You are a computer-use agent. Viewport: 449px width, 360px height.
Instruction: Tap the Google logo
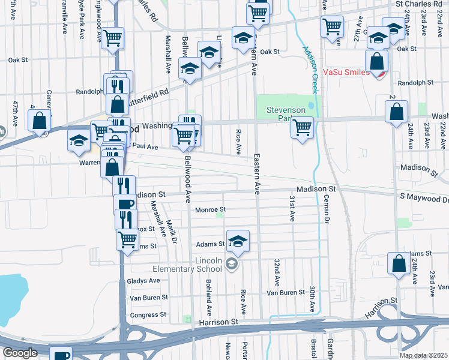pos(20,353)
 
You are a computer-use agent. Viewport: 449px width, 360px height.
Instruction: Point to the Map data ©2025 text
pos(423,355)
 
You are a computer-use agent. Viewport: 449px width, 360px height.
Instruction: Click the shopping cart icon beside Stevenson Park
pos(302,127)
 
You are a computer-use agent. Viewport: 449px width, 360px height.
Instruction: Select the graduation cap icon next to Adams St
pos(238,241)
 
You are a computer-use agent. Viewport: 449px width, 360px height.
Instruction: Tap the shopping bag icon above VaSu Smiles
pos(377,61)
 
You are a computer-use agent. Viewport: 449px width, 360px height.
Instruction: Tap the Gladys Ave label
pos(145,280)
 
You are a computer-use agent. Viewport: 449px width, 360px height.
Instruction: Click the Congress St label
pos(144,315)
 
